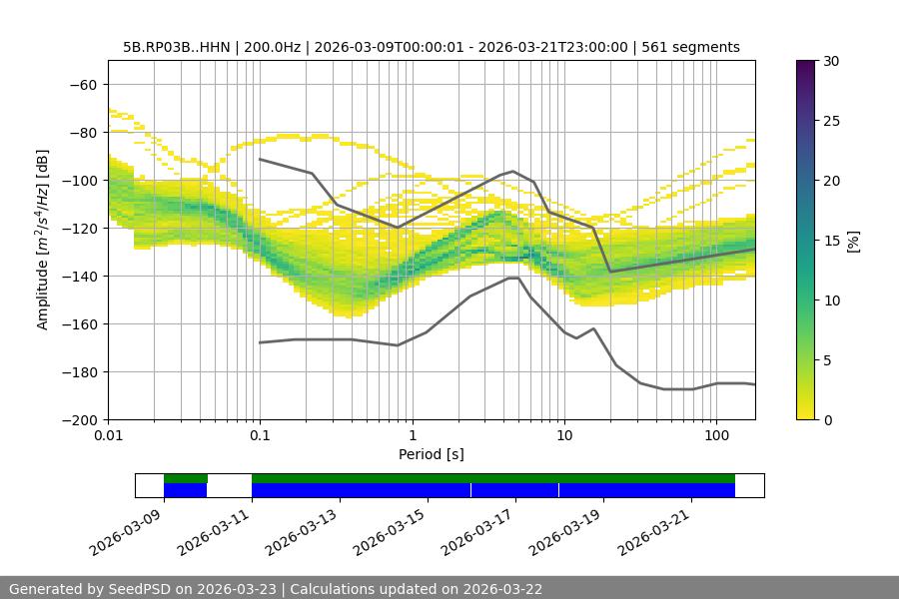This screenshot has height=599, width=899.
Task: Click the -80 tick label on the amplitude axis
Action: click(x=82, y=133)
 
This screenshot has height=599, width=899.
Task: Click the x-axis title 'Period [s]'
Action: click(x=432, y=455)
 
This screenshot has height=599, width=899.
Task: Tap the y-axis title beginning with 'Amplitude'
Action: click(x=43, y=240)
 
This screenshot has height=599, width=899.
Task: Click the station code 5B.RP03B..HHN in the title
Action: click(x=176, y=47)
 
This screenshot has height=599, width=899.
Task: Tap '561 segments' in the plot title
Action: click(x=690, y=47)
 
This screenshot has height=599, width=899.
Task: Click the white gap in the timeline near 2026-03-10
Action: click(x=229, y=485)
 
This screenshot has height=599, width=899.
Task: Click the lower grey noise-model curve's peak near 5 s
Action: click(x=513, y=279)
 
